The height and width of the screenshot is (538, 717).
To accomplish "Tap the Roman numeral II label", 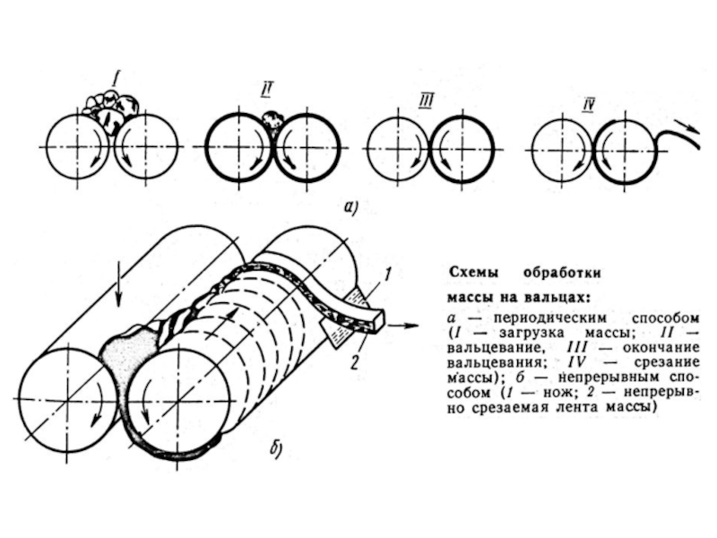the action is click(x=265, y=91).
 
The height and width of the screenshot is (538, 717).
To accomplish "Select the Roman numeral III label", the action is click(x=426, y=101).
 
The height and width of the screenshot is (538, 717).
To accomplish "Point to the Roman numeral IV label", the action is click(x=588, y=106).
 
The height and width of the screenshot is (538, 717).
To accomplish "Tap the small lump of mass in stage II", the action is click(x=272, y=120).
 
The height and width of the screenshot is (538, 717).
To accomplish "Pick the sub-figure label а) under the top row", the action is click(x=350, y=207).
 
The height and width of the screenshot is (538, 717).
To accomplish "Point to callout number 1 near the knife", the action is click(x=387, y=275).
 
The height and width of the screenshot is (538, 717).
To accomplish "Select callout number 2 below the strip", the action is click(x=355, y=362).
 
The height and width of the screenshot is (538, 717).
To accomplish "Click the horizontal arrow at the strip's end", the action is click(x=402, y=325).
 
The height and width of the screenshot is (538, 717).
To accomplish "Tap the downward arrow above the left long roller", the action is click(x=118, y=285).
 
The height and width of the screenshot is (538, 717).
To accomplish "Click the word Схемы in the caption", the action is click(x=473, y=273).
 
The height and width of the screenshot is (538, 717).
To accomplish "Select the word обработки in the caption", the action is click(x=562, y=273).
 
